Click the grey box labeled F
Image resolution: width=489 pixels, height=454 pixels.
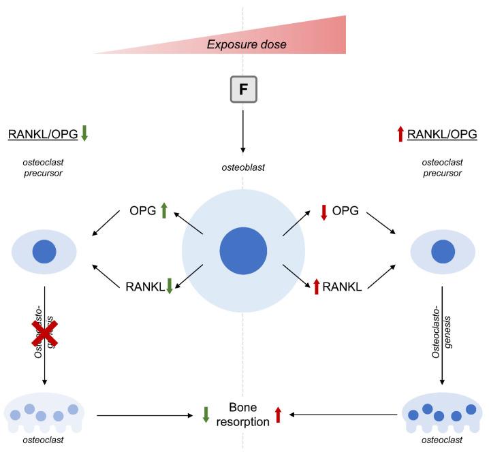244,90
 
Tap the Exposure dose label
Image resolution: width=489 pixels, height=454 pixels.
247,45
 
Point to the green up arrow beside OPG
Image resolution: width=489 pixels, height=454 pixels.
164,211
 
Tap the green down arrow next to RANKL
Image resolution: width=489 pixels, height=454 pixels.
170,287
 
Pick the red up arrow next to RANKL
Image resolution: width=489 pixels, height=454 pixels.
316,287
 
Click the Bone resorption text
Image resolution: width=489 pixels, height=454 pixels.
243,414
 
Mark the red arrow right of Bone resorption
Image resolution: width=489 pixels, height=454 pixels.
278,415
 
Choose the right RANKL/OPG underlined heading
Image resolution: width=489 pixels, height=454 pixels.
442,134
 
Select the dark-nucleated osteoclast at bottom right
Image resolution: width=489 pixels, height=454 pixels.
443,415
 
